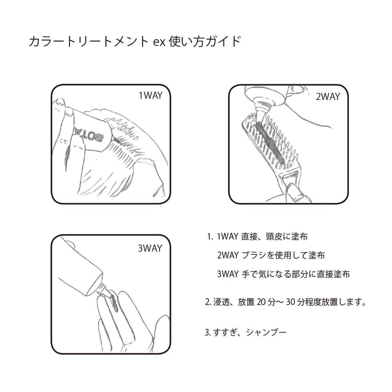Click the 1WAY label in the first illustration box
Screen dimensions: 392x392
150,96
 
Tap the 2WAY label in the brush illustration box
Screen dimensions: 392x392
328,97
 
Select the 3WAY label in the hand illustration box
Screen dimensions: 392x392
150,248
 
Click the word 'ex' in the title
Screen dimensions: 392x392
159,42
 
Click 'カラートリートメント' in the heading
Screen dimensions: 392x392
89,42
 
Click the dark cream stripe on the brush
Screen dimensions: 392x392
270,143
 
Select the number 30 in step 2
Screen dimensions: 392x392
291,302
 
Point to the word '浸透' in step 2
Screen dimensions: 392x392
221,302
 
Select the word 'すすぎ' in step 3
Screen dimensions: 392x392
225,332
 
